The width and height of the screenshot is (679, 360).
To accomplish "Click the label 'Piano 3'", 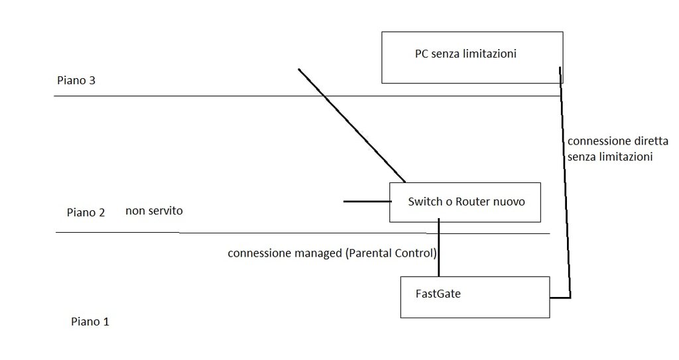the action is [76, 81].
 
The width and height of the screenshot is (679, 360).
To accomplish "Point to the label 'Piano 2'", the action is [86, 212].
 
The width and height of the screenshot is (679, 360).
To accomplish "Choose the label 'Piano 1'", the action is [90, 322].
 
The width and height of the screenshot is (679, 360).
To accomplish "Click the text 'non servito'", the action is [154, 211].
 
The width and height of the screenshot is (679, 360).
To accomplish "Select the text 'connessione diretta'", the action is [618, 141].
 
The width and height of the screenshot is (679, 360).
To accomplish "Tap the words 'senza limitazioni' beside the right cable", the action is [610, 157].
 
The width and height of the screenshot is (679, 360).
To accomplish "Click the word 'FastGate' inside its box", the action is [438, 294].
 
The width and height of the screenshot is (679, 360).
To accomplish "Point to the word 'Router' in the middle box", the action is [472, 202].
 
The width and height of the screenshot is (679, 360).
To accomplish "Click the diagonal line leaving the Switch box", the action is [351, 125].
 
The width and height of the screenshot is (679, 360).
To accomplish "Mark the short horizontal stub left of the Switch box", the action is [367, 202].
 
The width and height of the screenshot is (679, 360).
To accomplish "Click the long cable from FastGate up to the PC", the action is [565, 182].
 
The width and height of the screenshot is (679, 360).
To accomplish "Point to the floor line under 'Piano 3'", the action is [308, 95].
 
